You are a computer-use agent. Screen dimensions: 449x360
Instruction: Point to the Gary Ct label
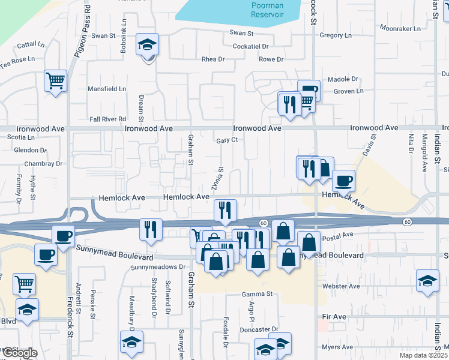(x=228, y=140)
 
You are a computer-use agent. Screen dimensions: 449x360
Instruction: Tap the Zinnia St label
(x=217, y=178)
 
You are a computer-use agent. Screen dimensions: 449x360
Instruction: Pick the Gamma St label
(x=258, y=294)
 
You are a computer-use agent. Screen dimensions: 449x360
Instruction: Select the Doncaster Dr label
(x=259, y=329)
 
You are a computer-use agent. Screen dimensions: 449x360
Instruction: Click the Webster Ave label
(x=340, y=286)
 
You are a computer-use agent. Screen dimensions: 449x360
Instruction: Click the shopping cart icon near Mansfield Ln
(x=56, y=80)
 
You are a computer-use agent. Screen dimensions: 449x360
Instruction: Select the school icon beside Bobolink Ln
(x=147, y=44)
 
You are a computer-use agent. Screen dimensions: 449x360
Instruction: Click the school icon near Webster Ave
(x=427, y=281)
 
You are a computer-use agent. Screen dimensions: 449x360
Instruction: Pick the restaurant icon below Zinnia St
(x=226, y=209)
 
